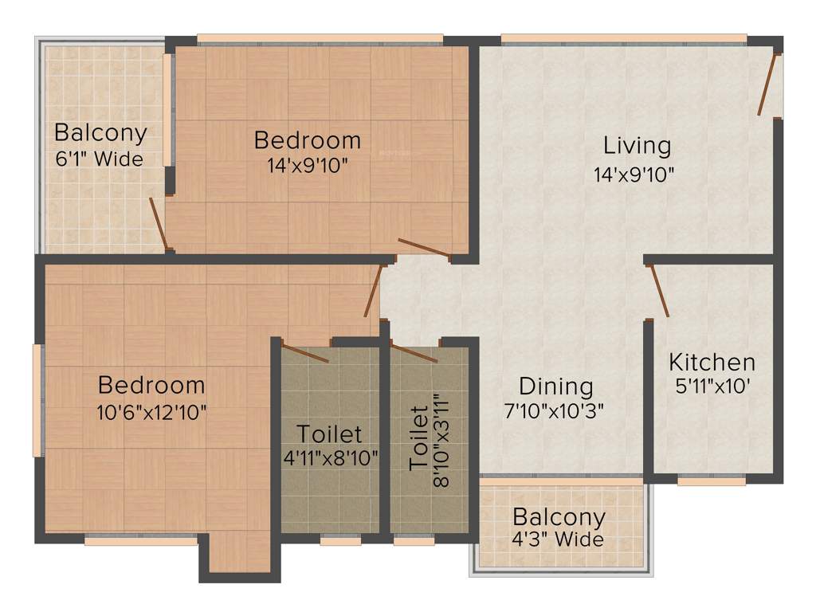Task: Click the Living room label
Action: pyautogui.click(x=637, y=146)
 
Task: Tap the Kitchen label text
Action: pyautogui.click(x=712, y=363)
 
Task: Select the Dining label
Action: pyautogui.click(x=556, y=386)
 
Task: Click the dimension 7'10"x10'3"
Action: pyautogui.click(x=556, y=411)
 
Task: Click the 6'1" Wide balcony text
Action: pyautogui.click(x=100, y=159)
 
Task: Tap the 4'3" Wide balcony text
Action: pyautogui.click(x=558, y=539)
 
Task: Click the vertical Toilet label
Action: pyautogui.click(x=418, y=437)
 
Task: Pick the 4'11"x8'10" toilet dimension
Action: pyautogui.click(x=329, y=457)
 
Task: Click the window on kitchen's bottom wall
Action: pyautogui.click(x=711, y=481)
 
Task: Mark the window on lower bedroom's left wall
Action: pyautogui.click(x=37, y=400)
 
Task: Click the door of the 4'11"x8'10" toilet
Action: pyautogui.click(x=305, y=354)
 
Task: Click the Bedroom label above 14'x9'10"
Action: pyautogui.click(x=307, y=140)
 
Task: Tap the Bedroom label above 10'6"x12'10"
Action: pyautogui.click(x=151, y=385)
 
